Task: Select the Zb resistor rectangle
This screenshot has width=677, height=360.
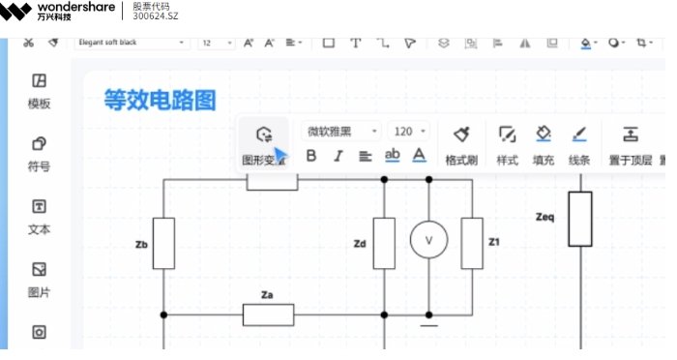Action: tap(164, 243)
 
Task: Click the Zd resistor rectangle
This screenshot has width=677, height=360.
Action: tap(384, 243)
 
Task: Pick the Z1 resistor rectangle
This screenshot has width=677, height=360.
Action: tap(472, 243)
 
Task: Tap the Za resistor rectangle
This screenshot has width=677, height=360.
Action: tap(268, 315)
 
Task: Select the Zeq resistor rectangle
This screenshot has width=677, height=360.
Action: tap(579, 219)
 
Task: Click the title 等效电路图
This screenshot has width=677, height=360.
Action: tap(160, 100)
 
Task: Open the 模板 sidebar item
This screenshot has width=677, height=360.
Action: tap(40, 91)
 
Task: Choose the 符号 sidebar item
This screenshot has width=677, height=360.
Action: tap(40, 153)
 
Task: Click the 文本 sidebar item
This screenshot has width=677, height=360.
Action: tap(40, 216)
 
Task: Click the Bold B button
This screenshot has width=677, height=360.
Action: tap(311, 156)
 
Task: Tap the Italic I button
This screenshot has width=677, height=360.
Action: tap(338, 156)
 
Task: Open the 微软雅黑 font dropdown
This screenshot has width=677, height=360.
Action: tap(342, 132)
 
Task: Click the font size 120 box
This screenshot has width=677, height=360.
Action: tap(410, 132)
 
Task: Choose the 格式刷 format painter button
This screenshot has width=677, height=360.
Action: tap(461, 143)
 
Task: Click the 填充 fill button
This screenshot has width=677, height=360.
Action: tap(544, 143)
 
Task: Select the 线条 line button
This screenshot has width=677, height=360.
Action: tap(579, 143)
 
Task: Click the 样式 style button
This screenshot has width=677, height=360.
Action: tap(507, 143)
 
